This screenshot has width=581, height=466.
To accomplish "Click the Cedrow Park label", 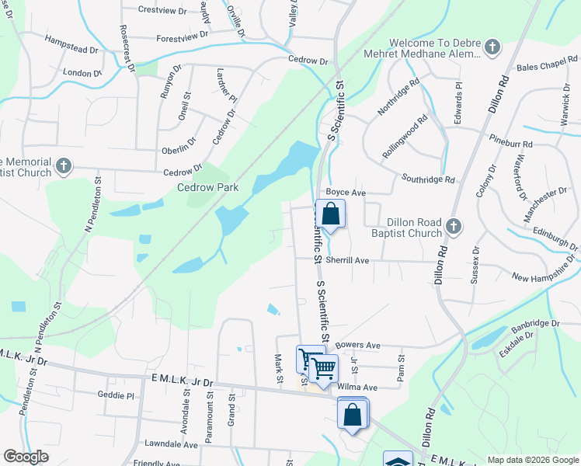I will point(207,187).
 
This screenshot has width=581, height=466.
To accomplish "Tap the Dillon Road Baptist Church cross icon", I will point(454,227).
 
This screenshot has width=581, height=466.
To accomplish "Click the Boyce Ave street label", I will point(346,192).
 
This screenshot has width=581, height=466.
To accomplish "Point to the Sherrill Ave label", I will point(346,261).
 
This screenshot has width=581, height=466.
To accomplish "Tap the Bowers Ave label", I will point(358,345).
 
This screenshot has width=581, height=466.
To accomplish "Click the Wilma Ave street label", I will point(357,387).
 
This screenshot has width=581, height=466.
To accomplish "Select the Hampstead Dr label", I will point(71,43).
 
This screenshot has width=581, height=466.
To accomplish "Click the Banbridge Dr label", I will point(535,323).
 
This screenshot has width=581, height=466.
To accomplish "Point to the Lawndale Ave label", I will point(171,445).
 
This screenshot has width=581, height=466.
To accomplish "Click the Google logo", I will point(26,457).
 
